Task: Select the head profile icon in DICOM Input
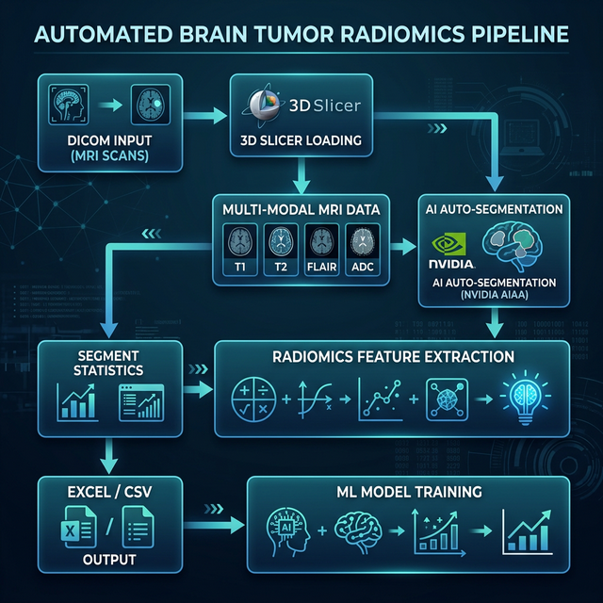(71, 103)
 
